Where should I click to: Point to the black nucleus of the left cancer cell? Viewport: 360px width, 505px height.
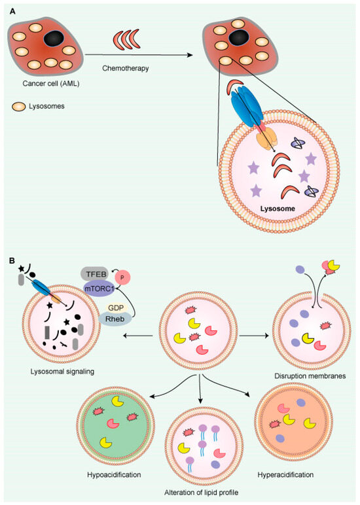click(x=52, y=39)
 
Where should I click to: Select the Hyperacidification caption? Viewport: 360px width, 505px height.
click(x=287, y=473)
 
